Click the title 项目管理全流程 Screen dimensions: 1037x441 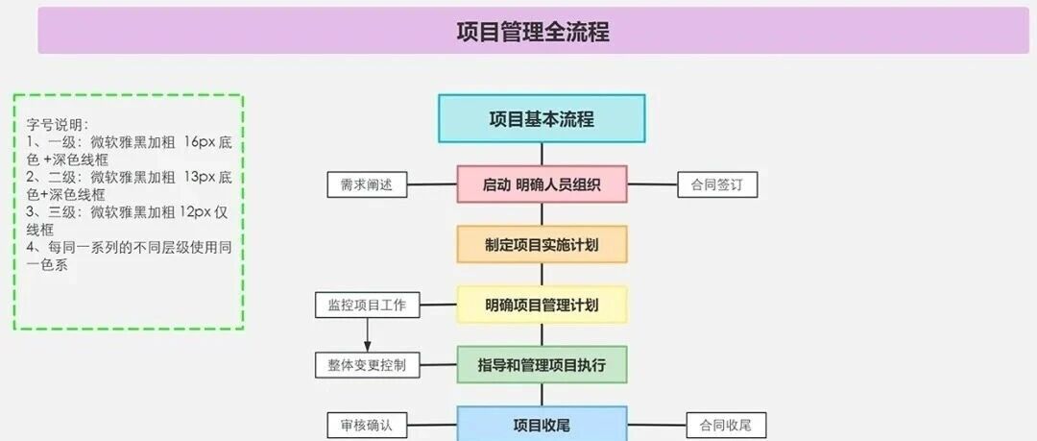tap(533, 32)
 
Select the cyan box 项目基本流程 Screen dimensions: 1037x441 tap(542, 119)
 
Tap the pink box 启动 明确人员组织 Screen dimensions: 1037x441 tap(542, 184)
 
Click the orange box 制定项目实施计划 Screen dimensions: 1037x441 tap(542, 244)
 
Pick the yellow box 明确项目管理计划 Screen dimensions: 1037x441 tap(542, 305)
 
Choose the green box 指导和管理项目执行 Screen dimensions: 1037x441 tap(542, 365)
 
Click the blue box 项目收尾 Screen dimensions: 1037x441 tap(542, 424)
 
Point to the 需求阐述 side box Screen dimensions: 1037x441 tap(367, 184)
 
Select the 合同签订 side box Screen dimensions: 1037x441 tap(717, 184)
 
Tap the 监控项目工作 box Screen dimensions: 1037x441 tap(367, 306)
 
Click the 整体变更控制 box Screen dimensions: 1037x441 tap(367, 365)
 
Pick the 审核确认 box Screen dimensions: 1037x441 tap(367, 425)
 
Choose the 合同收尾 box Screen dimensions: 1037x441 tap(726, 425)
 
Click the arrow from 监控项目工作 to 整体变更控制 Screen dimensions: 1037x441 tap(367, 335)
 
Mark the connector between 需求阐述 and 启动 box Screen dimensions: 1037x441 tap(432, 184)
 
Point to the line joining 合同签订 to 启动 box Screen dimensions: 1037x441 tap(652, 184)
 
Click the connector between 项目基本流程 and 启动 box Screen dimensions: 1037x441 tap(542, 154)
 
